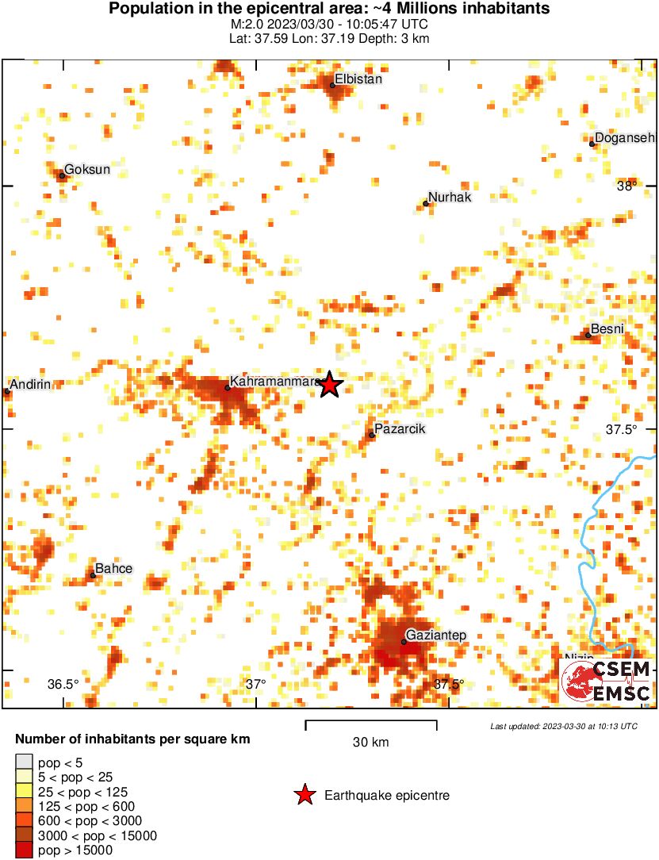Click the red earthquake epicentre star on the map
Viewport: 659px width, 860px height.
pos(330,385)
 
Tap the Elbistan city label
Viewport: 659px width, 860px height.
pos(358,79)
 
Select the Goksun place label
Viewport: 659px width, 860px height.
pos(86,169)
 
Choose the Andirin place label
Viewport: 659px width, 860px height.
pos(31,385)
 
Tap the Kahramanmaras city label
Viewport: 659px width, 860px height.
pos(274,382)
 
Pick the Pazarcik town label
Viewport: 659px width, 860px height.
pos(400,429)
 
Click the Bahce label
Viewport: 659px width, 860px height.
pos(113,569)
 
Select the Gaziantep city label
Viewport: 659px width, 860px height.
pos(435,635)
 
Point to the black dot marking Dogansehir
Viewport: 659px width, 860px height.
pos(592,144)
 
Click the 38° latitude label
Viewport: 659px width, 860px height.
pos(626,186)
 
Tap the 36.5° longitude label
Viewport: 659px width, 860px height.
pos(63,685)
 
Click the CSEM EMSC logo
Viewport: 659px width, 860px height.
pos(607,681)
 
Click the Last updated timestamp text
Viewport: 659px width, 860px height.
pos(563,726)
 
